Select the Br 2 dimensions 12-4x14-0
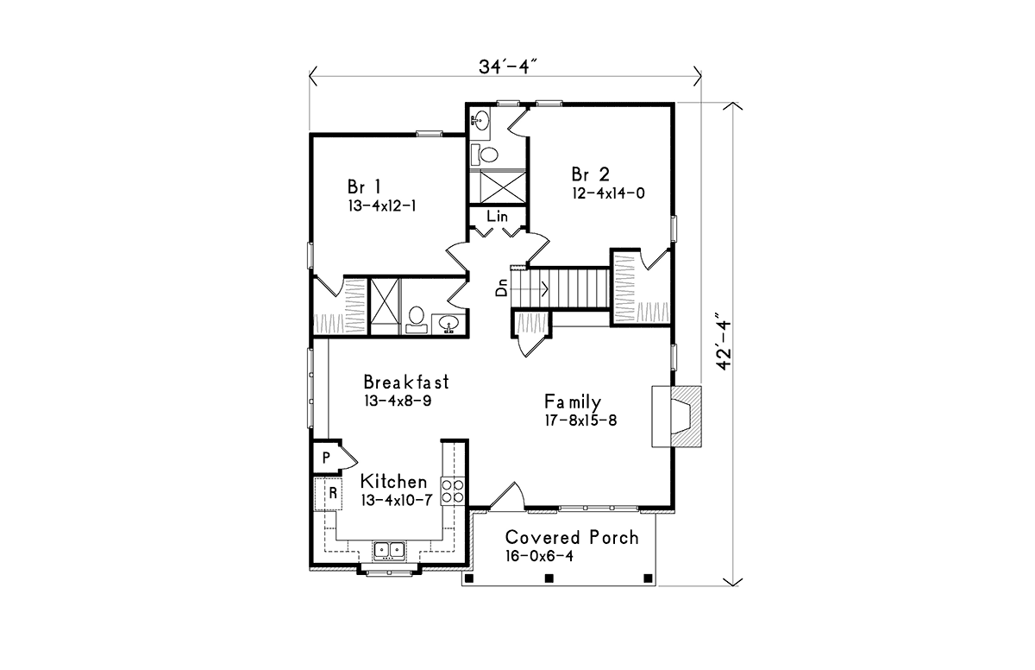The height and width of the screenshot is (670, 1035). click(x=608, y=193)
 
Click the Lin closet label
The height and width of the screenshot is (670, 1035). click(x=497, y=216)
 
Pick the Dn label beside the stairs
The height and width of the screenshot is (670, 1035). click(x=501, y=288)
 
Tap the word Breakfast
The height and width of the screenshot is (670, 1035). click(x=406, y=382)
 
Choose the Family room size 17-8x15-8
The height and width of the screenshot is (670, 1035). click(x=580, y=420)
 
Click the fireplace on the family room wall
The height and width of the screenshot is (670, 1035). click(x=676, y=416)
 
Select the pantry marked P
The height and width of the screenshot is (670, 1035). click(x=327, y=458)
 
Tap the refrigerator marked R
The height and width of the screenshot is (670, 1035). click(x=329, y=493)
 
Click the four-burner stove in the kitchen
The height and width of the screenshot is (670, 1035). click(x=452, y=491)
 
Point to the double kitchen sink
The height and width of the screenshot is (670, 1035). click(x=390, y=550)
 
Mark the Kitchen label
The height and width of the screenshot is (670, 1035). click(x=393, y=481)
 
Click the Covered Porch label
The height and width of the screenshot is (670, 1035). click(x=572, y=537)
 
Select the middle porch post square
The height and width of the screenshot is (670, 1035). click(x=549, y=578)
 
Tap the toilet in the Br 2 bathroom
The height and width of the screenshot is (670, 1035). click(x=484, y=155)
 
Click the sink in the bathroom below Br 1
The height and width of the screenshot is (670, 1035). click(x=448, y=323)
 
